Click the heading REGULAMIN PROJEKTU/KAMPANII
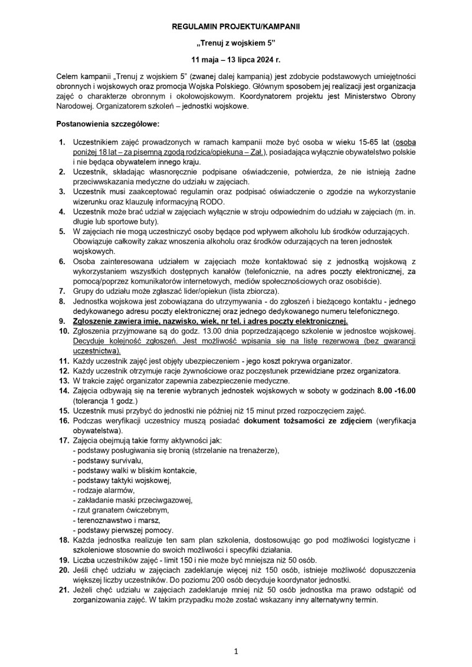coord(236,27)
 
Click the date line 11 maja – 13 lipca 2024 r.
coord(236,60)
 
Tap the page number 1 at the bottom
coord(235,651)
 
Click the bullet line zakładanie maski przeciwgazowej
coord(132,500)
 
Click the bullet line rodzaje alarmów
coord(103,489)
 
